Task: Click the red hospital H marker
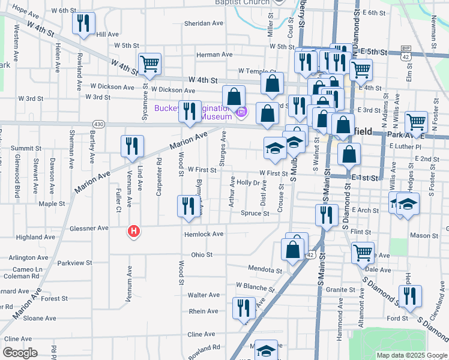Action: (x=134, y=230)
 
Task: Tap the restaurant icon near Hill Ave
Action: (x=83, y=23)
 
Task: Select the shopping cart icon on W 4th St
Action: (x=149, y=64)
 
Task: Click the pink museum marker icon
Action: (x=242, y=112)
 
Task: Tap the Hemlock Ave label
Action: (x=204, y=234)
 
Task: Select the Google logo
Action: (x=20, y=353)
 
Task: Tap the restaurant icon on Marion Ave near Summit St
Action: (x=131, y=146)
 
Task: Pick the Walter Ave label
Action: (x=204, y=295)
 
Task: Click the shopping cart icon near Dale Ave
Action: (x=362, y=253)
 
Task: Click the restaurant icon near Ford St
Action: (x=410, y=295)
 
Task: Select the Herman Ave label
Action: (x=215, y=55)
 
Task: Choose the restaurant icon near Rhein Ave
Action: (x=243, y=308)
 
